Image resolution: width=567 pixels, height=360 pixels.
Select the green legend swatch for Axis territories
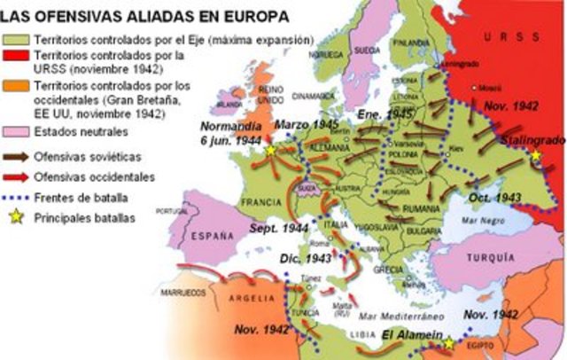click(16, 41)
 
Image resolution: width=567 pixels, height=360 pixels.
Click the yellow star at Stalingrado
click(536, 155)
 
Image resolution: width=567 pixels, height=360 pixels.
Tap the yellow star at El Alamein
click(448, 343)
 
